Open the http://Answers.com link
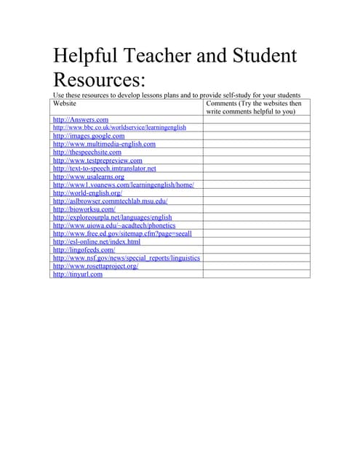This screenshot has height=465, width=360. tap(81, 119)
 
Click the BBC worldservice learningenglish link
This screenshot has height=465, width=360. tap(120, 127)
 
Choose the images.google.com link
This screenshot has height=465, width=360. tap(89, 136)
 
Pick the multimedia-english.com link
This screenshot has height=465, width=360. tap(104, 144)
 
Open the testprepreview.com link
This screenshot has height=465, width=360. tap(97, 161)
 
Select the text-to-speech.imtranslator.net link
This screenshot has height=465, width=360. tap(104, 169)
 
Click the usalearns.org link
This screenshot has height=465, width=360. tap(89, 177)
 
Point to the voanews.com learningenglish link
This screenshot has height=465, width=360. tap(124, 185)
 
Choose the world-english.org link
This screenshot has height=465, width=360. tap(87, 193)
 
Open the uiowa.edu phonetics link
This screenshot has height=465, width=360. tap(114, 226)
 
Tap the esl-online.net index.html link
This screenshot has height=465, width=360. tap(97, 242)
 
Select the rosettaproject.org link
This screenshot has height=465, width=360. tap(96, 267)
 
